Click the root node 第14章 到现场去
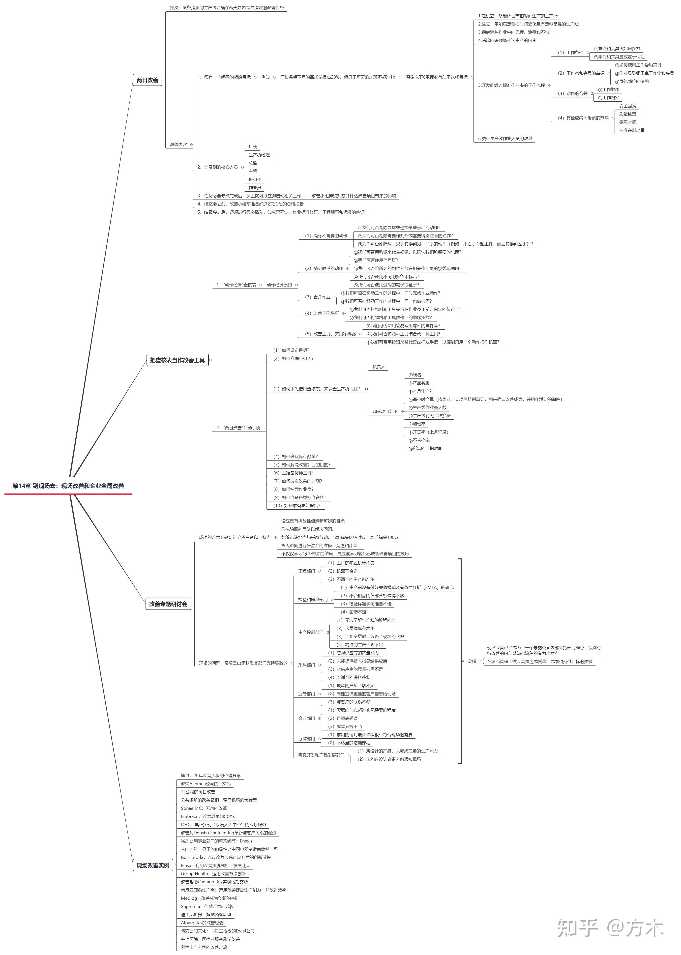(68, 486)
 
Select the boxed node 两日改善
(148, 80)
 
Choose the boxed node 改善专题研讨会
(168, 604)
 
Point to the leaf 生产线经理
(259, 155)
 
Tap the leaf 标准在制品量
(632, 130)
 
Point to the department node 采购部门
(306, 665)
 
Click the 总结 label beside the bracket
(472, 661)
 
